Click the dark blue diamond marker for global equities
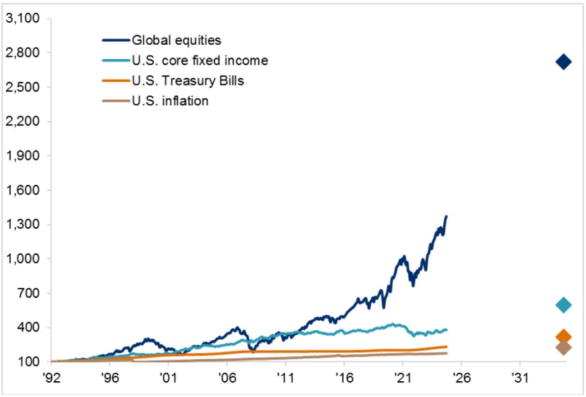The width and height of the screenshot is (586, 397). point(563,62)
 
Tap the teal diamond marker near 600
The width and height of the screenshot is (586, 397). point(563,305)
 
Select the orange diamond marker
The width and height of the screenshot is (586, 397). point(563,336)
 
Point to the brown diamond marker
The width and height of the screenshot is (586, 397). point(563,348)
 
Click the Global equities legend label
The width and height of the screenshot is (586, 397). point(176,41)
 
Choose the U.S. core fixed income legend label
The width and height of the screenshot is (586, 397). point(200,61)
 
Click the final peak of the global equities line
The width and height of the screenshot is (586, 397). point(447,216)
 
